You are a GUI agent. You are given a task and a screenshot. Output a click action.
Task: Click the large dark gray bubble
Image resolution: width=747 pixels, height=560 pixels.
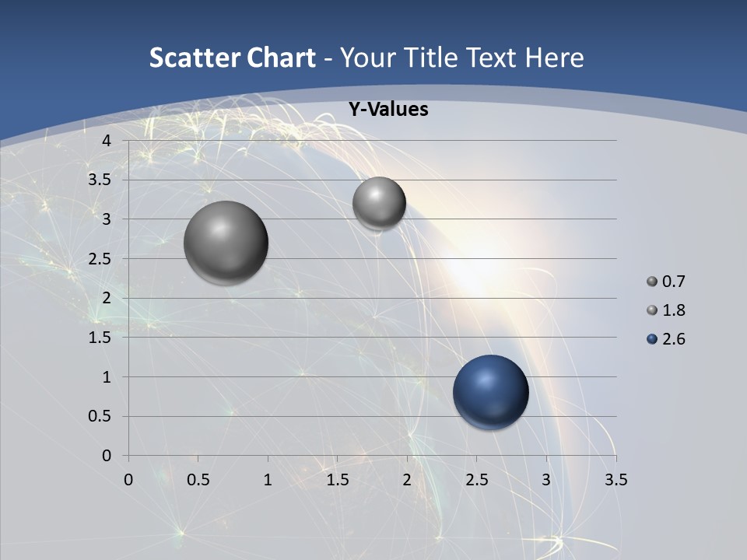click(x=226, y=243)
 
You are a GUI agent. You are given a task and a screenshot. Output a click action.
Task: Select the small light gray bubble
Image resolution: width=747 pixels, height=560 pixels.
click(x=379, y=203)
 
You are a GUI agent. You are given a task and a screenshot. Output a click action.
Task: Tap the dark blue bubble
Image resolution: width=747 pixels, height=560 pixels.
click(x=490, y=393)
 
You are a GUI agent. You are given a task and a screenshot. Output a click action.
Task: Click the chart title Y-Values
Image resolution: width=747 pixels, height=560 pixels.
click(x=388, y=110)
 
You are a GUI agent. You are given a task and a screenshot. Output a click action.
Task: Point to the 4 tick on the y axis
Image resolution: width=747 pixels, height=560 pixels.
click(x=107, y=141)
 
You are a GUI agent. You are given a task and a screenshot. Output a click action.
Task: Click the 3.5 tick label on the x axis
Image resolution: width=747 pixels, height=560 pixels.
click(x=615, y=480)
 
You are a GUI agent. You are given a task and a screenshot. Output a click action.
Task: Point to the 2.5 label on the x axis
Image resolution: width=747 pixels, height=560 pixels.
click(x=476, y=480)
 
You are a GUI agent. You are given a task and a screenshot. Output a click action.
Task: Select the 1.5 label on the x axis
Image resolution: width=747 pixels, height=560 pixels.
click(x=337, y=480)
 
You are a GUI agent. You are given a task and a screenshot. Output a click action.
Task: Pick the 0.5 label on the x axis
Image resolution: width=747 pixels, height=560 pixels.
click(x=198, y=480)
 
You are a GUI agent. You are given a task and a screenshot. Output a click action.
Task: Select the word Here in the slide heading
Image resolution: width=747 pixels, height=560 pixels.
click(x=554, y=58)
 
